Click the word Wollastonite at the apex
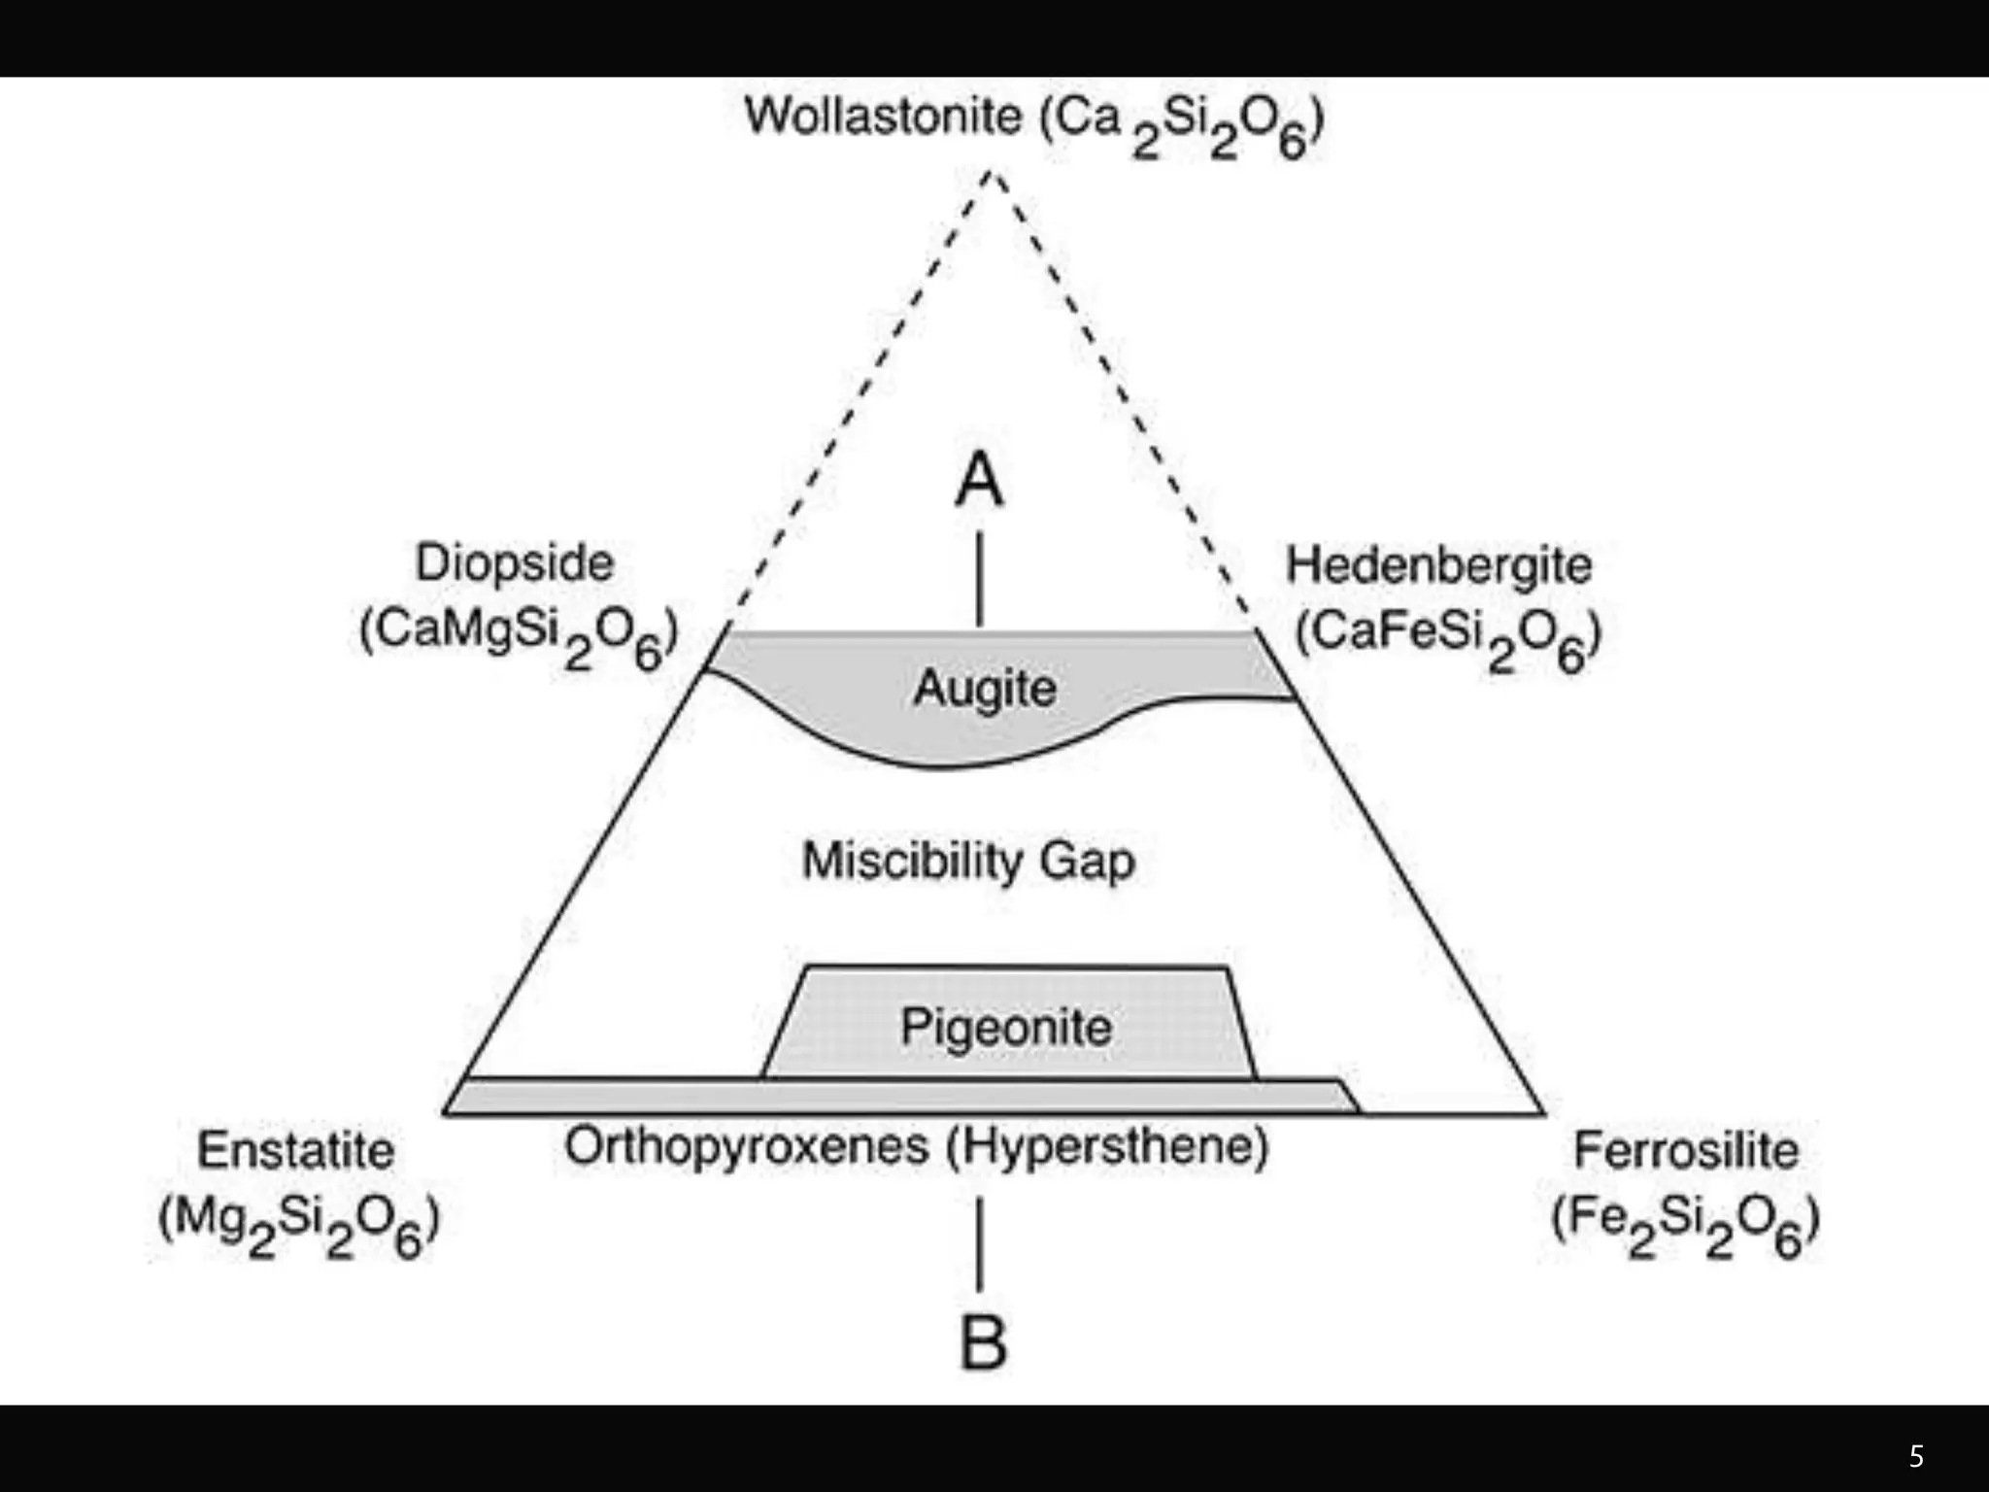[x=883, y=117]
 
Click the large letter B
[x=982, y=1342]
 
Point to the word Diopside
[x=515, y=563]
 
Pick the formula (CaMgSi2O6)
[x=518, y=636]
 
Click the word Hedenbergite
[x=1438, y=565]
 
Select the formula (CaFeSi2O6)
[x=1448, y=638]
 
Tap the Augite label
[x=985, y=689]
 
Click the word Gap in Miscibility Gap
[x=1087, y=862]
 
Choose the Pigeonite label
[x=1006, y=1027]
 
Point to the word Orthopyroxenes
[x=747, y=1147]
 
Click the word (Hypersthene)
[x=1107, y=1147]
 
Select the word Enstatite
[x=296, y=1151]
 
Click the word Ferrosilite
[x=1686, y=1151]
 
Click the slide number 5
[x=1916, y=1456]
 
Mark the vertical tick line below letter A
[x=979, y=579]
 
